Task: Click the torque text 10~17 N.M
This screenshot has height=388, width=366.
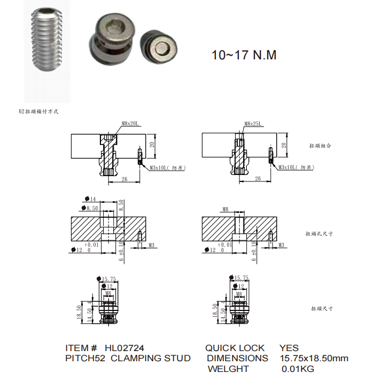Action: coord(244,55)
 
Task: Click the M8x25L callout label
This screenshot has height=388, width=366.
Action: coord(253,124)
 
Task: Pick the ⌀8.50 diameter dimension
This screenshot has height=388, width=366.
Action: coord(89,208)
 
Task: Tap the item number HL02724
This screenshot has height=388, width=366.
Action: coord(124,348)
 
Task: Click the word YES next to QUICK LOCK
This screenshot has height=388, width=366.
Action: coord(289,348)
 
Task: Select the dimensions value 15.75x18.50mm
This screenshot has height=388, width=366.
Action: coord(314,358)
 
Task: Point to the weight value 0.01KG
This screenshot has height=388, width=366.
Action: coord(298,369)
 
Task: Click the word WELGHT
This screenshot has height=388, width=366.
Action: coord(228,369)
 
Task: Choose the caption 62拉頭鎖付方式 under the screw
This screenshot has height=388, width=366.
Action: coord(38,112)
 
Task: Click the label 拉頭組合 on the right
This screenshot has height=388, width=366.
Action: coord(320,146)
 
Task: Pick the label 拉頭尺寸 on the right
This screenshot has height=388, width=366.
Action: coord(322,309)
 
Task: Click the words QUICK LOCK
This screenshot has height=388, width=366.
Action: coord(235,348)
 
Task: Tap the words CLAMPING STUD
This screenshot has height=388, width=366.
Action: coord(151,358)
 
